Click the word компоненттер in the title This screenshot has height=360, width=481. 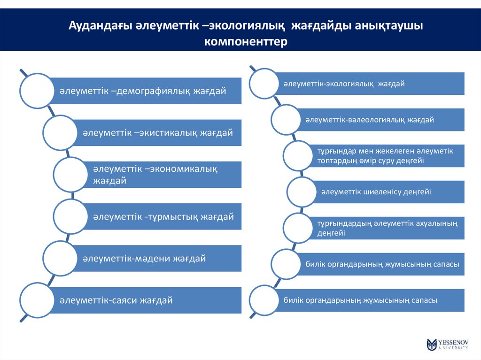(x=245, y=41)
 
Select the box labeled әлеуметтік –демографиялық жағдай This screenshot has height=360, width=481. (x=146, y=91)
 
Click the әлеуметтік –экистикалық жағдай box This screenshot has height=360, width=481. (x=157, y=133)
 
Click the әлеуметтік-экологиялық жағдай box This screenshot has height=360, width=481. (x=371, y=84)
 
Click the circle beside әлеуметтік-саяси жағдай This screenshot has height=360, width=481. (x=36, y=299)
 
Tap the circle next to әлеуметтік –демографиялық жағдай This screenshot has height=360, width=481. (x=36, y=90)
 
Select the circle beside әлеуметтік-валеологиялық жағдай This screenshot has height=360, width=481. (x=288, y=120)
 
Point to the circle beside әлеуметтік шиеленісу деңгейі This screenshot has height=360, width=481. (x=304, y=191)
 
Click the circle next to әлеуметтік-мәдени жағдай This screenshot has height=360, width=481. (x=60, y=258)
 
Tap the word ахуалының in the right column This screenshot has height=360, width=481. (x=436, y=223)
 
